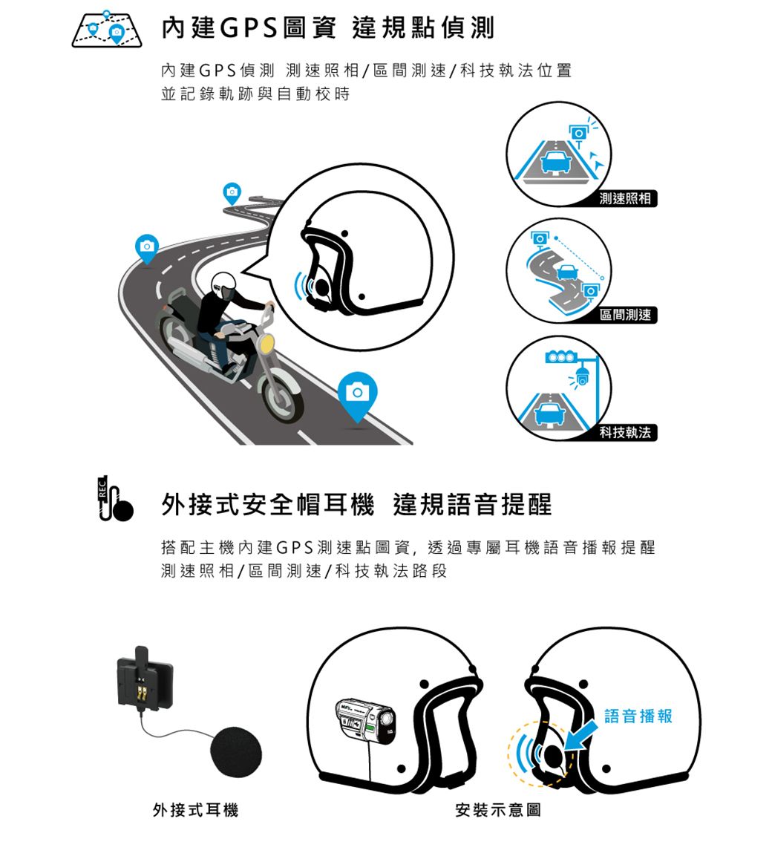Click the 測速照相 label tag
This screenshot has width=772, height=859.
pos(625,198)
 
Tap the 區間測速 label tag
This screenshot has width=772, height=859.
pos(625,315)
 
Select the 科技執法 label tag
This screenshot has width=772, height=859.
pos(625,432)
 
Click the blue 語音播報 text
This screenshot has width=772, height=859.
pos(638,716)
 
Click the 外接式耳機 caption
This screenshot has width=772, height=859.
pos(196,810)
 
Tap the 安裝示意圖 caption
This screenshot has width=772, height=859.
pos(498,810)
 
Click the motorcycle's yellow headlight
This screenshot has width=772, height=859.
pos(266,343)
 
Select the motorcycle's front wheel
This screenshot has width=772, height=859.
pos(282,397)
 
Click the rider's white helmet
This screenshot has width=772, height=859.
pos(223,283)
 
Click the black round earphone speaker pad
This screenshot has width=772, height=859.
pos(236,752)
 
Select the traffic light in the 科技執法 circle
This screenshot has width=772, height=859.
pos(560,358)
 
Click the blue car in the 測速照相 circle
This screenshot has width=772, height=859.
pos(556,162)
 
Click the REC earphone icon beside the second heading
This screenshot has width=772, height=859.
pos(114,498)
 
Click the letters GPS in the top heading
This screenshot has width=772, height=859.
pos(249,28)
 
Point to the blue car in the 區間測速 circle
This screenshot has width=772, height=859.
pos(567,272)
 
